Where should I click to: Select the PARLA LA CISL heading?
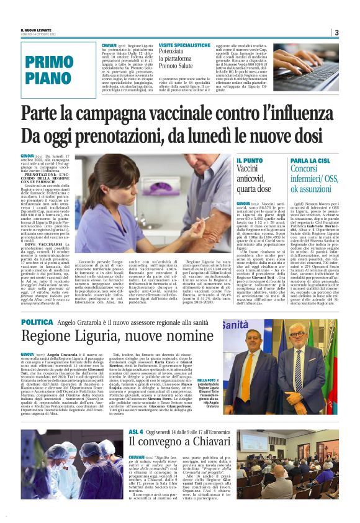coord(309,160)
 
